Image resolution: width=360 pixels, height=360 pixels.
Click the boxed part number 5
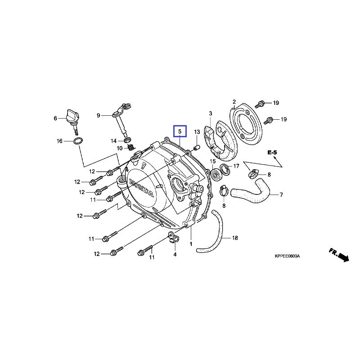(x=180, y=131)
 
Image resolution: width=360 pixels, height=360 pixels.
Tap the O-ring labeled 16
(x=77, y=141)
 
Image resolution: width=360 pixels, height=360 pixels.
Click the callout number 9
(x=98, y=115)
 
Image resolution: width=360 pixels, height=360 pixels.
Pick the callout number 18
(x=235, y=237)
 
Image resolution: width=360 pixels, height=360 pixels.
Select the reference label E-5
(x=272, y=153)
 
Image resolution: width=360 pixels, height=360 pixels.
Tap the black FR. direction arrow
(x=343, y=257)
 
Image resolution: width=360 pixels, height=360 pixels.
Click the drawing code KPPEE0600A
(x=287, y=256)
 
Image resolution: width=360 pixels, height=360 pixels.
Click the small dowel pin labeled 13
(x=197, y=148)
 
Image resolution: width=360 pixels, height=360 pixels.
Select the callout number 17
(x=236, y=166)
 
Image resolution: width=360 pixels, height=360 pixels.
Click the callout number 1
(x=191, y=243)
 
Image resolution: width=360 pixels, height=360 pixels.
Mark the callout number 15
(x=213, y=161)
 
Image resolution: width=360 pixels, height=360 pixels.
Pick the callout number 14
(x=114, y=141)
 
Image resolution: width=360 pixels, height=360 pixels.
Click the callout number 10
(x=120, y=148)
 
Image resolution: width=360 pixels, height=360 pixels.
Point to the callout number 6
(x=55, y=118)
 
